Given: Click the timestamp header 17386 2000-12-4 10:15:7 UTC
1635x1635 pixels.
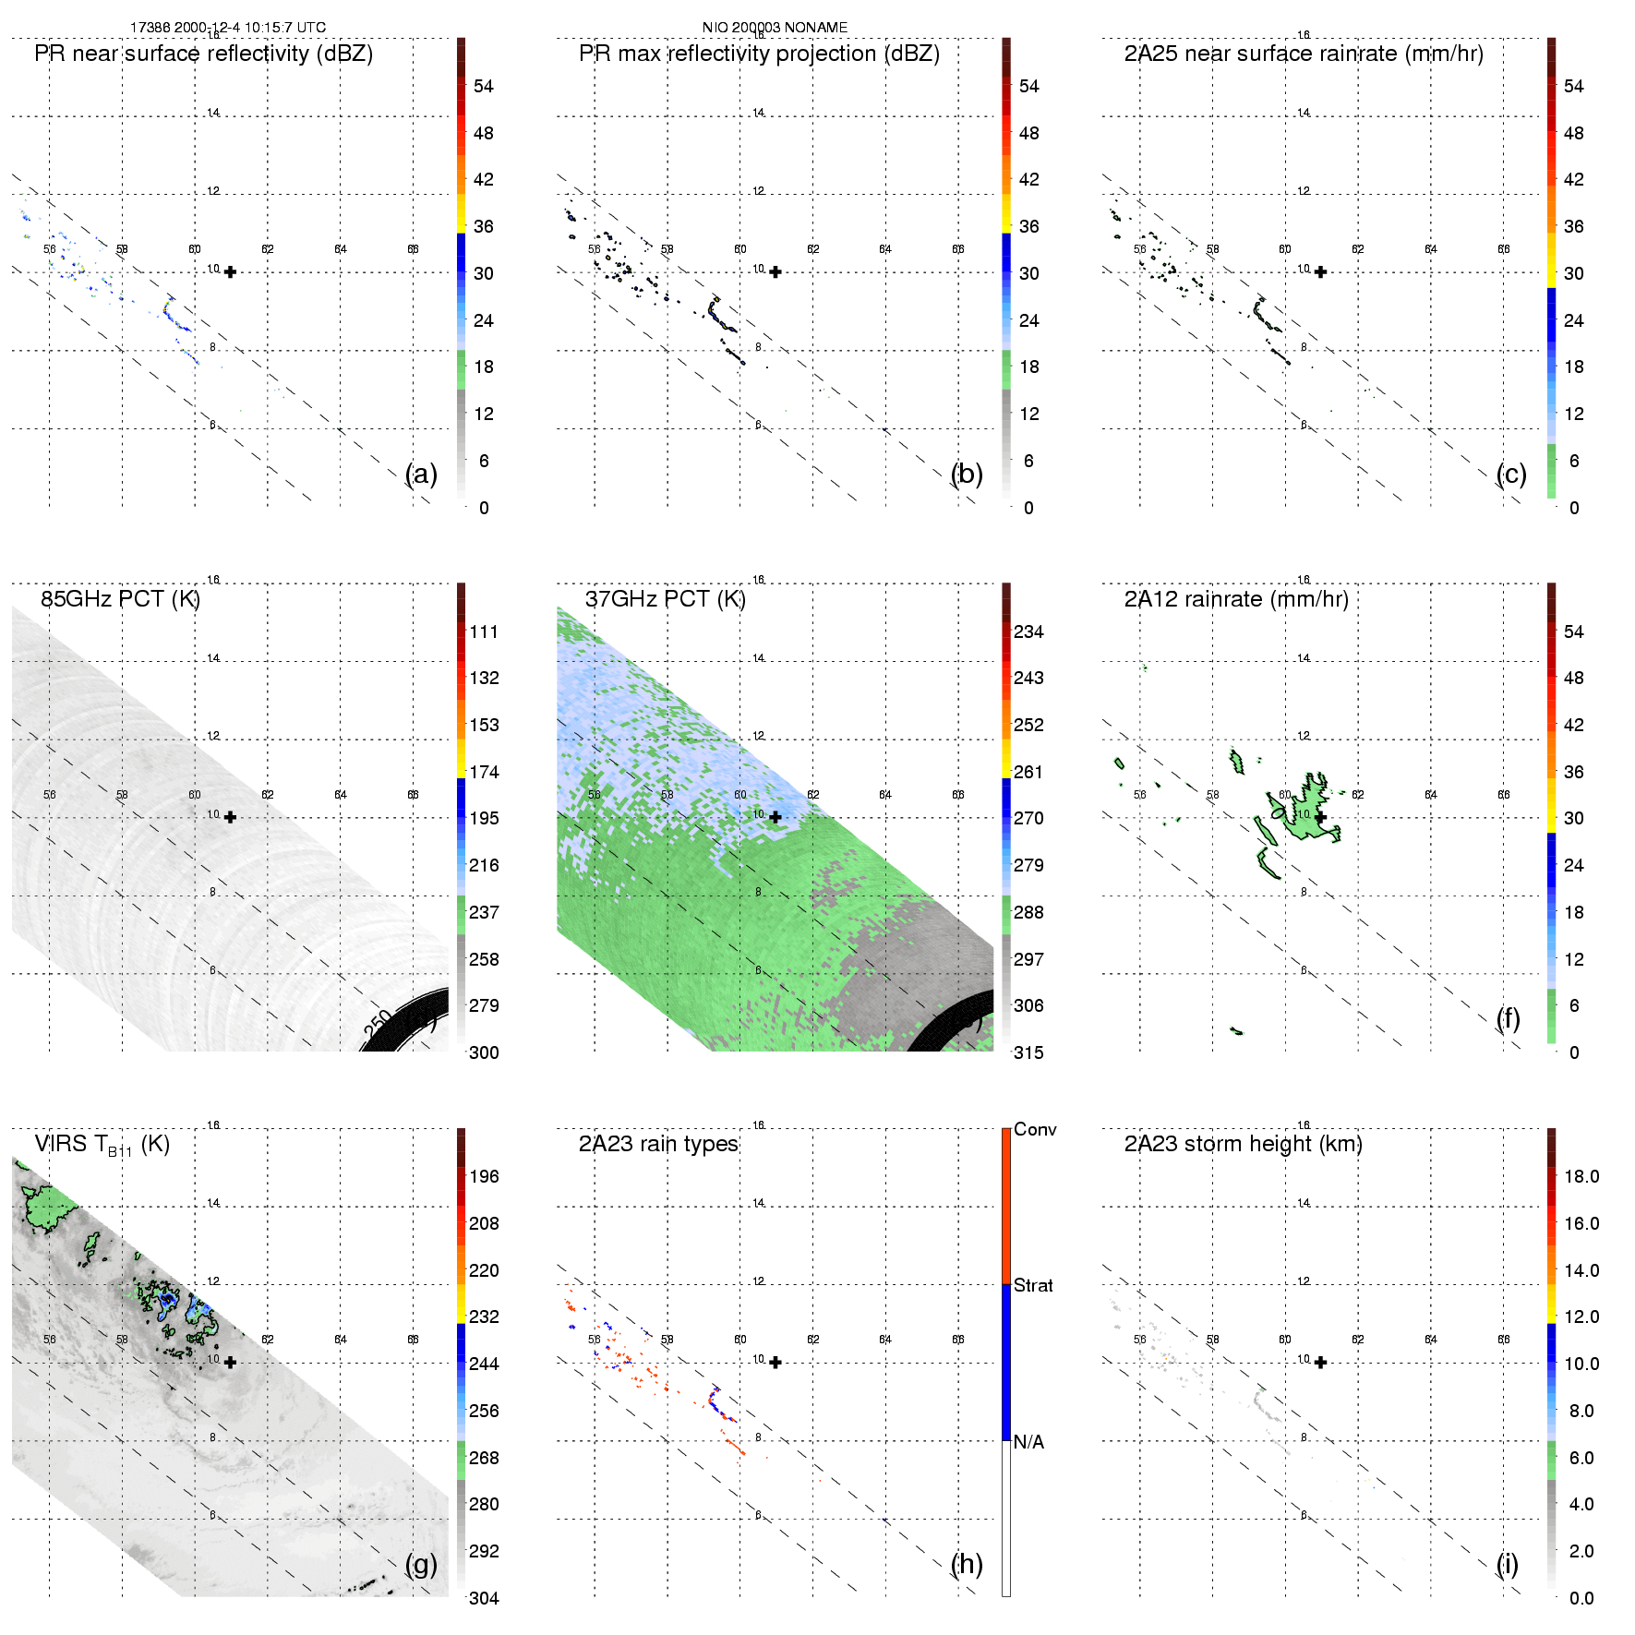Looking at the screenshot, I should click(x=227, y=28).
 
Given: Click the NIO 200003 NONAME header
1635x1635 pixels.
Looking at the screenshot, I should click(x=775, y=28).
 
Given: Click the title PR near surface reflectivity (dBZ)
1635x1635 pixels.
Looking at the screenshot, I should click(x=204, y=54).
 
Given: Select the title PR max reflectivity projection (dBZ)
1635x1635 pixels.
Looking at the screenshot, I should click(x=759, y=54).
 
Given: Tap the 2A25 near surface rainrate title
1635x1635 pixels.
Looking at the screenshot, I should click(x=1304, y=54).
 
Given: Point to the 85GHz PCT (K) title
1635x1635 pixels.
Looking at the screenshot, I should click(x=120, y=599).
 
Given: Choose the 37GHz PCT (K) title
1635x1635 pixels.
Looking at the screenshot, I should click(x=665, y=599).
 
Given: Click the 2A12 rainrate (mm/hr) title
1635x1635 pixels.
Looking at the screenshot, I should click(x=1236, y=599).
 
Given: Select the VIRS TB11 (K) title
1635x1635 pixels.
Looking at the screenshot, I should click(x=102, y=1145).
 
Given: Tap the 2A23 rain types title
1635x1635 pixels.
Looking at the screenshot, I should click(x=658, y=1144).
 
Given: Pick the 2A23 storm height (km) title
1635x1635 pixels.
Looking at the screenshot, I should click(x=1243, y=1144).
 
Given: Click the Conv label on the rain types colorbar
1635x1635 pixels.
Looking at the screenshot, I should click(x=1035, y=1129).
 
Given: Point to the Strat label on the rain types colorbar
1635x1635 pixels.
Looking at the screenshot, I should click(x=1033, y=1285).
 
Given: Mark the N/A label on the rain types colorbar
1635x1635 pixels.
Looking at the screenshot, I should click(x=1028, y=1442).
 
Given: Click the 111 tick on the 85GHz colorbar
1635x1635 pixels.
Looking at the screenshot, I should click(x=484, y=631).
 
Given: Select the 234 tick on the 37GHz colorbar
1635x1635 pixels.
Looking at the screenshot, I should click(x=1028, y=631).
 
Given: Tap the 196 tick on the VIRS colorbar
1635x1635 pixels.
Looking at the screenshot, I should click(x=484, y=1176).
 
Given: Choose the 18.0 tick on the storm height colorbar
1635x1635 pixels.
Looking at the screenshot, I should click(x=1581, y=1176).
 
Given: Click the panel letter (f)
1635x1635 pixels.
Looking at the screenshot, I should click(x=1508, y=1018).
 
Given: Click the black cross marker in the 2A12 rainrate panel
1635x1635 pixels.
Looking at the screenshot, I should click(x=1321, y=817).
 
